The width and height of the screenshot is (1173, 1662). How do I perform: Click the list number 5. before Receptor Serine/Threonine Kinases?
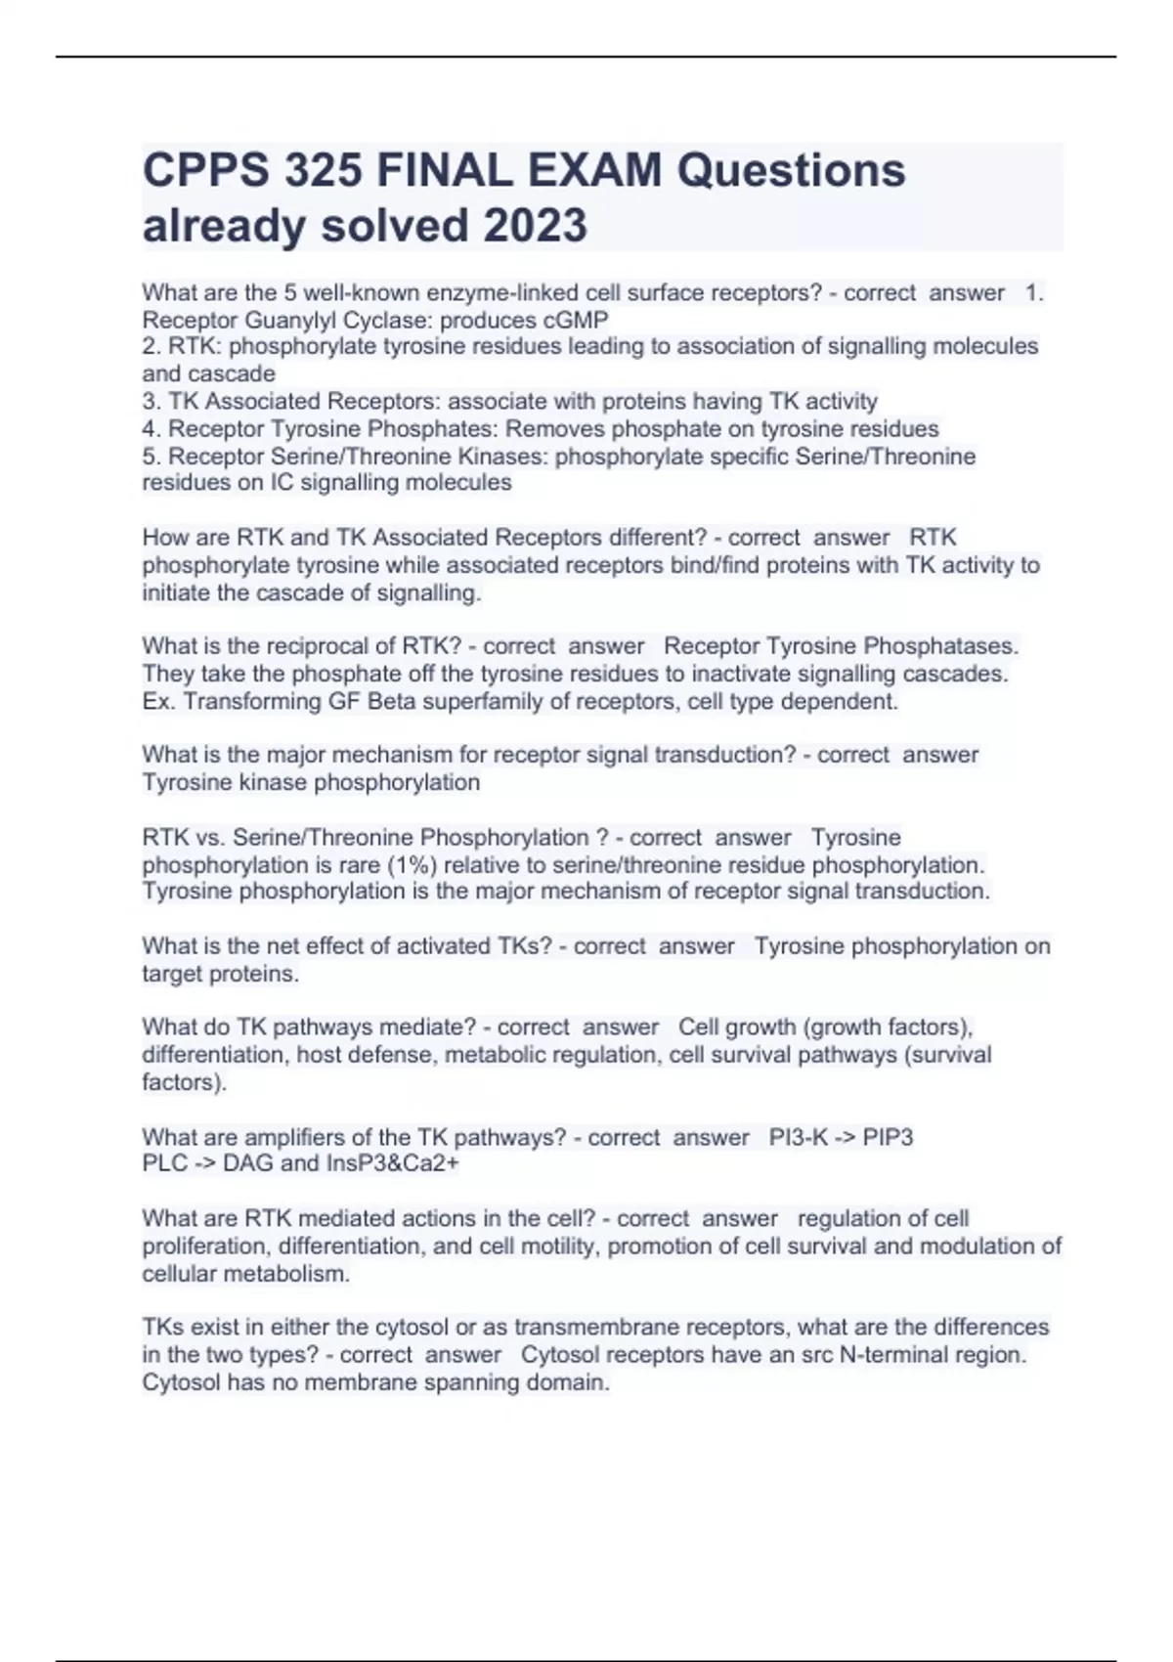click(152, 457)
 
